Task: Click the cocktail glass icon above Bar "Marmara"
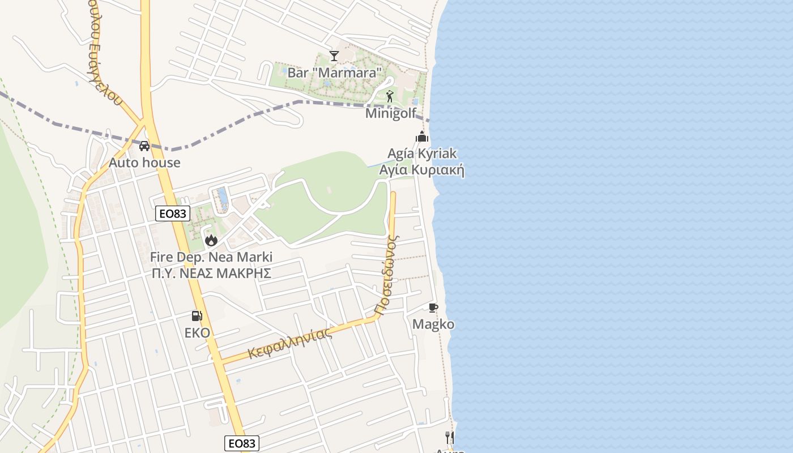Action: tap(334, 55)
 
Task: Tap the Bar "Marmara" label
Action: tap(335, 72)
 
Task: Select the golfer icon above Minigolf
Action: tap(389, 96)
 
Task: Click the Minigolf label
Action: tap(391, 113)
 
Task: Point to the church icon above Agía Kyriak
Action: tap(422, 136)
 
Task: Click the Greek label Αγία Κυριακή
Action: tap(421, 170)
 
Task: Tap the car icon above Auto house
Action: tap(144, 146)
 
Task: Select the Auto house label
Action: tap(144, 163)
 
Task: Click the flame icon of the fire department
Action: tap(211, 240)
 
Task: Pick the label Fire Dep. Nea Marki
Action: tap(211, 257)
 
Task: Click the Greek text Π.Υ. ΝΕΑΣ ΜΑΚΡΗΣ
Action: tap(211, 273)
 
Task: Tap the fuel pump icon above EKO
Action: tap(197, 316)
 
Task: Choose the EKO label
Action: tap(197, 332)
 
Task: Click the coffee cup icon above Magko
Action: tap(433, 307)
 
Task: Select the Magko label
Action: tap(433, 324)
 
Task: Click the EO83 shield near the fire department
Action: tap(173, 213)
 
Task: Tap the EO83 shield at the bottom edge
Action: tap(242, 443)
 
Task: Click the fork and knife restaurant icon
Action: tap(450, 437)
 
